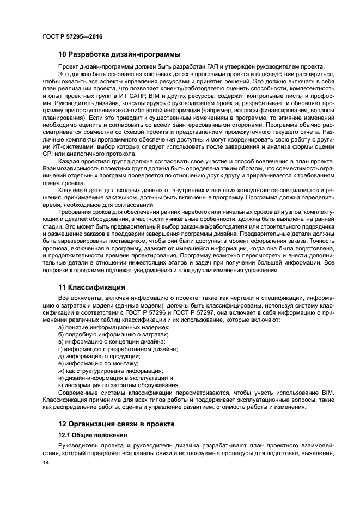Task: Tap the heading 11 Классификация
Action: [91, 287]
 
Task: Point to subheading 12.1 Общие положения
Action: [93, 436]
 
